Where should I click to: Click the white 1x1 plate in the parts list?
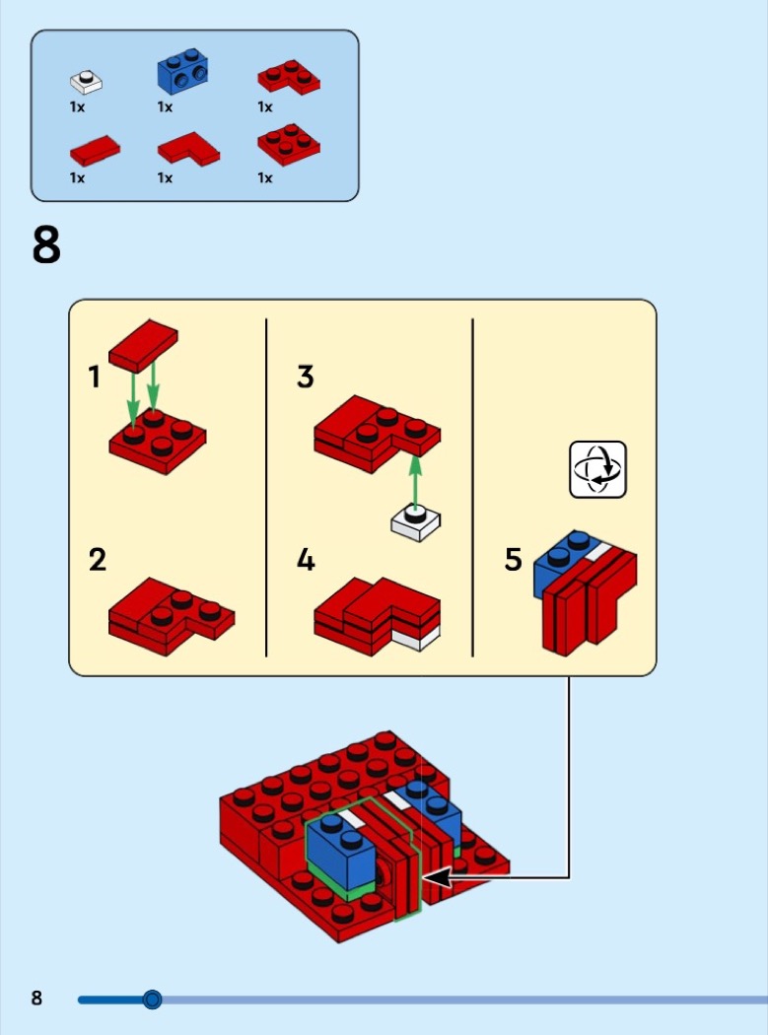[x=86, y=80]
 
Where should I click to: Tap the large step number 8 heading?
[x=46, y=245]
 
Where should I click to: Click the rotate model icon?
[x=598, y=469]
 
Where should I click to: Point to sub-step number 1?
[x=95, y=377]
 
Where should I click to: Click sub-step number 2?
[x=97, y=560]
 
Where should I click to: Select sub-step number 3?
[x=306, y=377]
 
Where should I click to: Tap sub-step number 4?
[x=306, y=560]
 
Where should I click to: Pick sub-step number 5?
[x=513, y=560]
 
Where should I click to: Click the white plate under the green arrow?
[x=415, y=521]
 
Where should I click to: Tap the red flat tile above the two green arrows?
[x=143, y=344]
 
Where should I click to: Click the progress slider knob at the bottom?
[x=152, y=1000]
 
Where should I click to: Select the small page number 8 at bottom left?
[x=37, y=999]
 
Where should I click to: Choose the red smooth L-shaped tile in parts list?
[x=188, y=148]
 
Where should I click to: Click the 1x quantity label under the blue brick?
[x=165, y=106]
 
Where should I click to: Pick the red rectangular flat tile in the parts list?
[x=96, y=150]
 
